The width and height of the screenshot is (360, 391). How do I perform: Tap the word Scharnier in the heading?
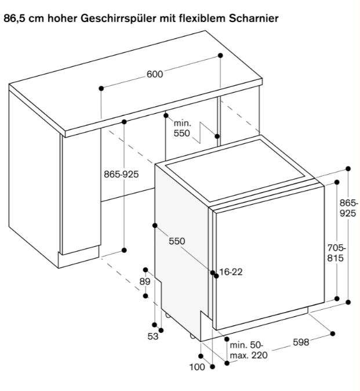point(253,19)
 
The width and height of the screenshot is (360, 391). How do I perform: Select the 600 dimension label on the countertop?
point(155,74)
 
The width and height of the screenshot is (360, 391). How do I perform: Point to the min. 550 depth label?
point(182,128)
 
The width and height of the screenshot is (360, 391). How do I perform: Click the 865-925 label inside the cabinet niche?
point(121,174)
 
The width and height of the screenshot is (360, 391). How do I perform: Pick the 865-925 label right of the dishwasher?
point(348,208)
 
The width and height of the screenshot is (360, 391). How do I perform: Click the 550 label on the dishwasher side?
point(177,241)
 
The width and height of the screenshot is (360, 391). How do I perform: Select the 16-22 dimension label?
point(231,272)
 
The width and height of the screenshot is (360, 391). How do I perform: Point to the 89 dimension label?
point(145,281)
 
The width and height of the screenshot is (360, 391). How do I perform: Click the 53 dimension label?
point(152,336)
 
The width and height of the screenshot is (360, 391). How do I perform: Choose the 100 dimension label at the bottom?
point(197,367)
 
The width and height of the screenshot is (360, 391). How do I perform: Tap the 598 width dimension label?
point(301,342)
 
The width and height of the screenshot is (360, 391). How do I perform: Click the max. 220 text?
point(249,355)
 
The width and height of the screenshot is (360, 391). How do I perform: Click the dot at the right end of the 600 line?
point(220,55)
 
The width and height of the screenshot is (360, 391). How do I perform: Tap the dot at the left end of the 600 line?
point(101,88)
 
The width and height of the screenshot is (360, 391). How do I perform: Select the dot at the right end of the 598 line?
point(333,334)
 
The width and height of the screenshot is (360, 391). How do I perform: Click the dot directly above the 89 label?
point(146,270)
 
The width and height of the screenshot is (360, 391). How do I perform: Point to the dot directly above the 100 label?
point(201,356)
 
